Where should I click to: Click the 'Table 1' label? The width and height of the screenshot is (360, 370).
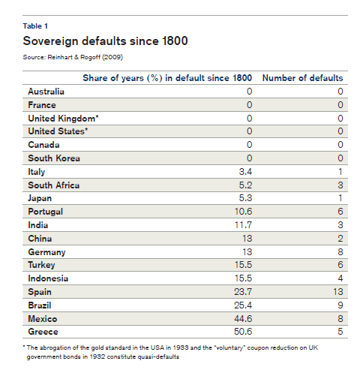35,26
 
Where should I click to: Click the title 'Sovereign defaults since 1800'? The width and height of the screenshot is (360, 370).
105,41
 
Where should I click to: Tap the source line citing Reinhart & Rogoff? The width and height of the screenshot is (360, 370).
73,57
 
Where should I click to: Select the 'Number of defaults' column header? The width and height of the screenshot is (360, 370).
302,78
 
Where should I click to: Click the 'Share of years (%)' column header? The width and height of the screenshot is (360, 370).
167,78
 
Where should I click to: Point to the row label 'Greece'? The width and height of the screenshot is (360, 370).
43,332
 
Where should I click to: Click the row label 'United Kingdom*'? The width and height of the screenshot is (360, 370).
63,119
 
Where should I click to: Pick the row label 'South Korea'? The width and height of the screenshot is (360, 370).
54,158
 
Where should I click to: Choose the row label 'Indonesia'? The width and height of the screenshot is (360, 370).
48,278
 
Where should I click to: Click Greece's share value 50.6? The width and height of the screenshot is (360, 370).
243,332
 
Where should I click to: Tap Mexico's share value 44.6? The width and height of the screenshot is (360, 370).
243,319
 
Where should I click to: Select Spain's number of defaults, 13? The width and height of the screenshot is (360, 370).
338,292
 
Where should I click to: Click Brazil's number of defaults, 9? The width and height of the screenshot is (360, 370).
340,305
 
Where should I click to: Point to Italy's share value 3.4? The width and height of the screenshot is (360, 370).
245,172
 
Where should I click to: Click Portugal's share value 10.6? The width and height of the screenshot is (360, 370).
243,212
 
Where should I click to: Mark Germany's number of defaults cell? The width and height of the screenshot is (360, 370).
340,251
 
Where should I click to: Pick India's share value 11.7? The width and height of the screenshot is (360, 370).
243,225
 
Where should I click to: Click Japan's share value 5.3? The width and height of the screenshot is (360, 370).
245,198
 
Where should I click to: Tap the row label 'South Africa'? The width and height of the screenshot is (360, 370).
54,185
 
